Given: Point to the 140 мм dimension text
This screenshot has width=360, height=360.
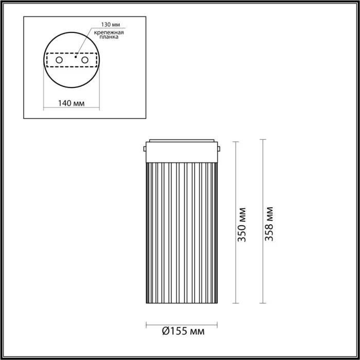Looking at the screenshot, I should pos(70,103).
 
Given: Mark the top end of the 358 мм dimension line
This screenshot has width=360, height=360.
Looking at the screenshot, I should pos(263,139).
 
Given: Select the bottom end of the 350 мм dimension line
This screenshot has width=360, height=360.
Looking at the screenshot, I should pos(236,303).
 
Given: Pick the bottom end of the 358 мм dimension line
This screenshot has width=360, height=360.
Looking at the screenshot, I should pos(263,303).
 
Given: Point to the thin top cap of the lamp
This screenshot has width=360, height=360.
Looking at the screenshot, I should pos(183,139).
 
